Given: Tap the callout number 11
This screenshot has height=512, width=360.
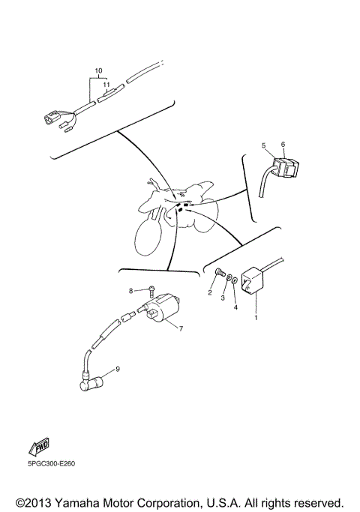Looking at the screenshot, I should (x=106, y=85).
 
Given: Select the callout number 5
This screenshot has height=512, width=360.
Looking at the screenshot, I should (x=263, y=145).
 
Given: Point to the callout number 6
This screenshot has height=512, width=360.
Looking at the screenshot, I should (x=283, y=144).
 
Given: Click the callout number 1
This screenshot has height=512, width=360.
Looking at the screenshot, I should (x=255, y=319).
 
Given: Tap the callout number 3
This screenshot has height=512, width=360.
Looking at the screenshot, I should (x=223, y=298).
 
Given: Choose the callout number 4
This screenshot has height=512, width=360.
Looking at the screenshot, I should (x=235, y=307).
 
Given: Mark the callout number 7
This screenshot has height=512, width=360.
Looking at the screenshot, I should (x=179, y=328).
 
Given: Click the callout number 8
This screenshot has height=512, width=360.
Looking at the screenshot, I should (x=130, y=290).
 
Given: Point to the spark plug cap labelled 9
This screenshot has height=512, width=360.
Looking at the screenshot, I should (x=88, y=382).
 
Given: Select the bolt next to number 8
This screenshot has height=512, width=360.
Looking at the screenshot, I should (x=149, y=289).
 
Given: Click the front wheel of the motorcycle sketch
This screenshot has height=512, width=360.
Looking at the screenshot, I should (x=148, y=242).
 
